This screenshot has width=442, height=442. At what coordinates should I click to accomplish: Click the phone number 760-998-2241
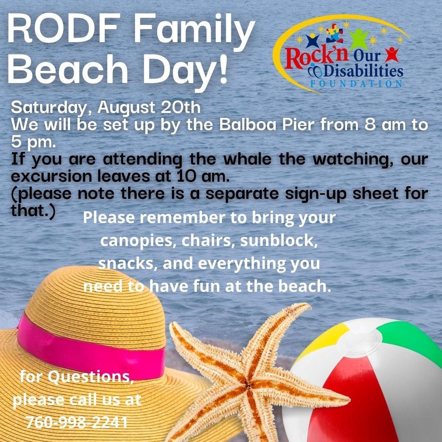pos(77,422)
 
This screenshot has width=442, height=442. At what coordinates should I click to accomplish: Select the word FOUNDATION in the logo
pos(356,84)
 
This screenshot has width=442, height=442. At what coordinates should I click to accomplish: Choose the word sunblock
pos(279,241)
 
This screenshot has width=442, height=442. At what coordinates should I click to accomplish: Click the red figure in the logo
pos(392,54)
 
